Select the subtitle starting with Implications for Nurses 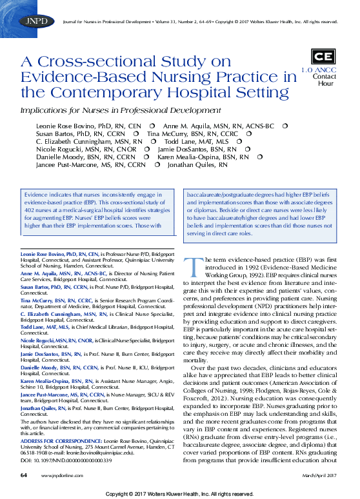pyautogui.click(x=121, y=110)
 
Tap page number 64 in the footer pyautogui.click(x=23, y=475)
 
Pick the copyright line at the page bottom pyautogui.click(x=180, y=493)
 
